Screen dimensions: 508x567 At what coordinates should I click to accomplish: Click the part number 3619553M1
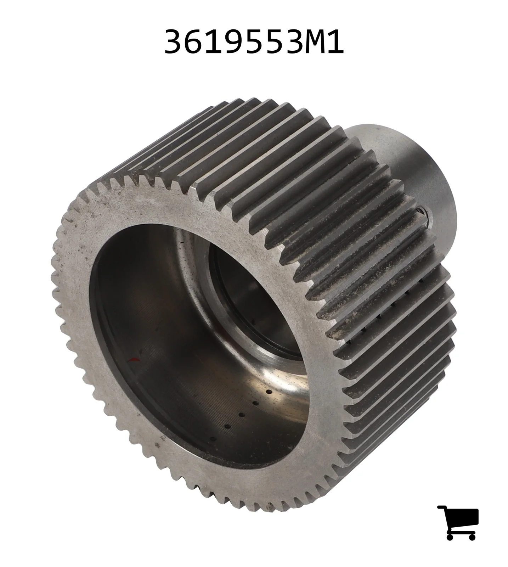(x=254, y=42)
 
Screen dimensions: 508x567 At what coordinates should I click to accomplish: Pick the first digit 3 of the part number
(x=174, y=42)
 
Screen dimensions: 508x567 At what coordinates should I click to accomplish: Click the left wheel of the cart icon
(x=451, y=536)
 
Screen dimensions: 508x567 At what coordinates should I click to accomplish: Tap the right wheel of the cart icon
(x=472, y=536)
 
